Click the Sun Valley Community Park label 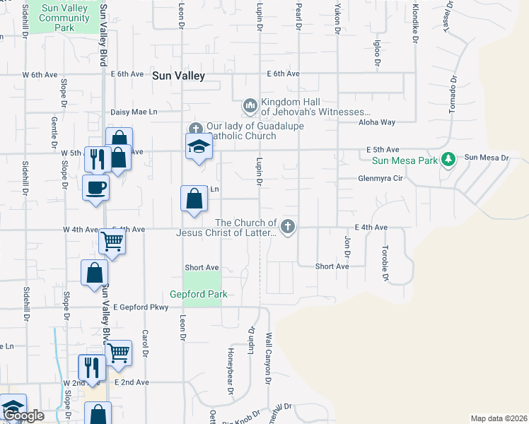(x=64, y=17)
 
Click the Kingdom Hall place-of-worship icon (x=250, y=105)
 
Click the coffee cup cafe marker (x=95, y=188)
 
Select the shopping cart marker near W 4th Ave (x=112, y=241)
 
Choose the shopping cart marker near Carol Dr (x=118, y=351)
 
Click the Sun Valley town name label (x=178, y=74)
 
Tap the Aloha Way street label (x=376, y=122)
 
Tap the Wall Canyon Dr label (x=269, y=358)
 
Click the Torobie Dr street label (x=385, y=264)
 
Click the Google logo (x=23, y=416)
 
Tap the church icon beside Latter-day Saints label (x=287, y=226)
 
